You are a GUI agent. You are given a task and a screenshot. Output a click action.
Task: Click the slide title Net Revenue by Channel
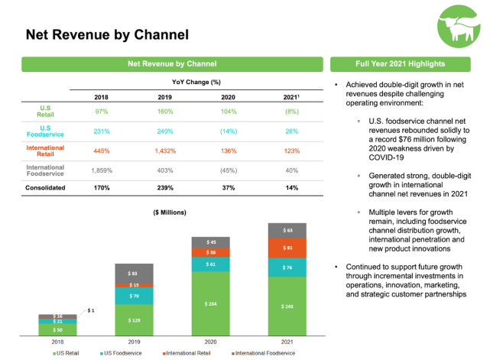click(x=107, y=35)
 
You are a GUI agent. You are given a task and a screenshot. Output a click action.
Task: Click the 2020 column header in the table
click(x=227, y=97)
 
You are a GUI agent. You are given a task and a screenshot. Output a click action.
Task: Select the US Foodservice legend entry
click(x=123, y=354)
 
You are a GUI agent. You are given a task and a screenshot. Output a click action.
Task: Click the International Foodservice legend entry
click(x=264, y=354)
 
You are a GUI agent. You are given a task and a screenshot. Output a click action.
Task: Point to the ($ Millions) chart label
click(x=169, y=212)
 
